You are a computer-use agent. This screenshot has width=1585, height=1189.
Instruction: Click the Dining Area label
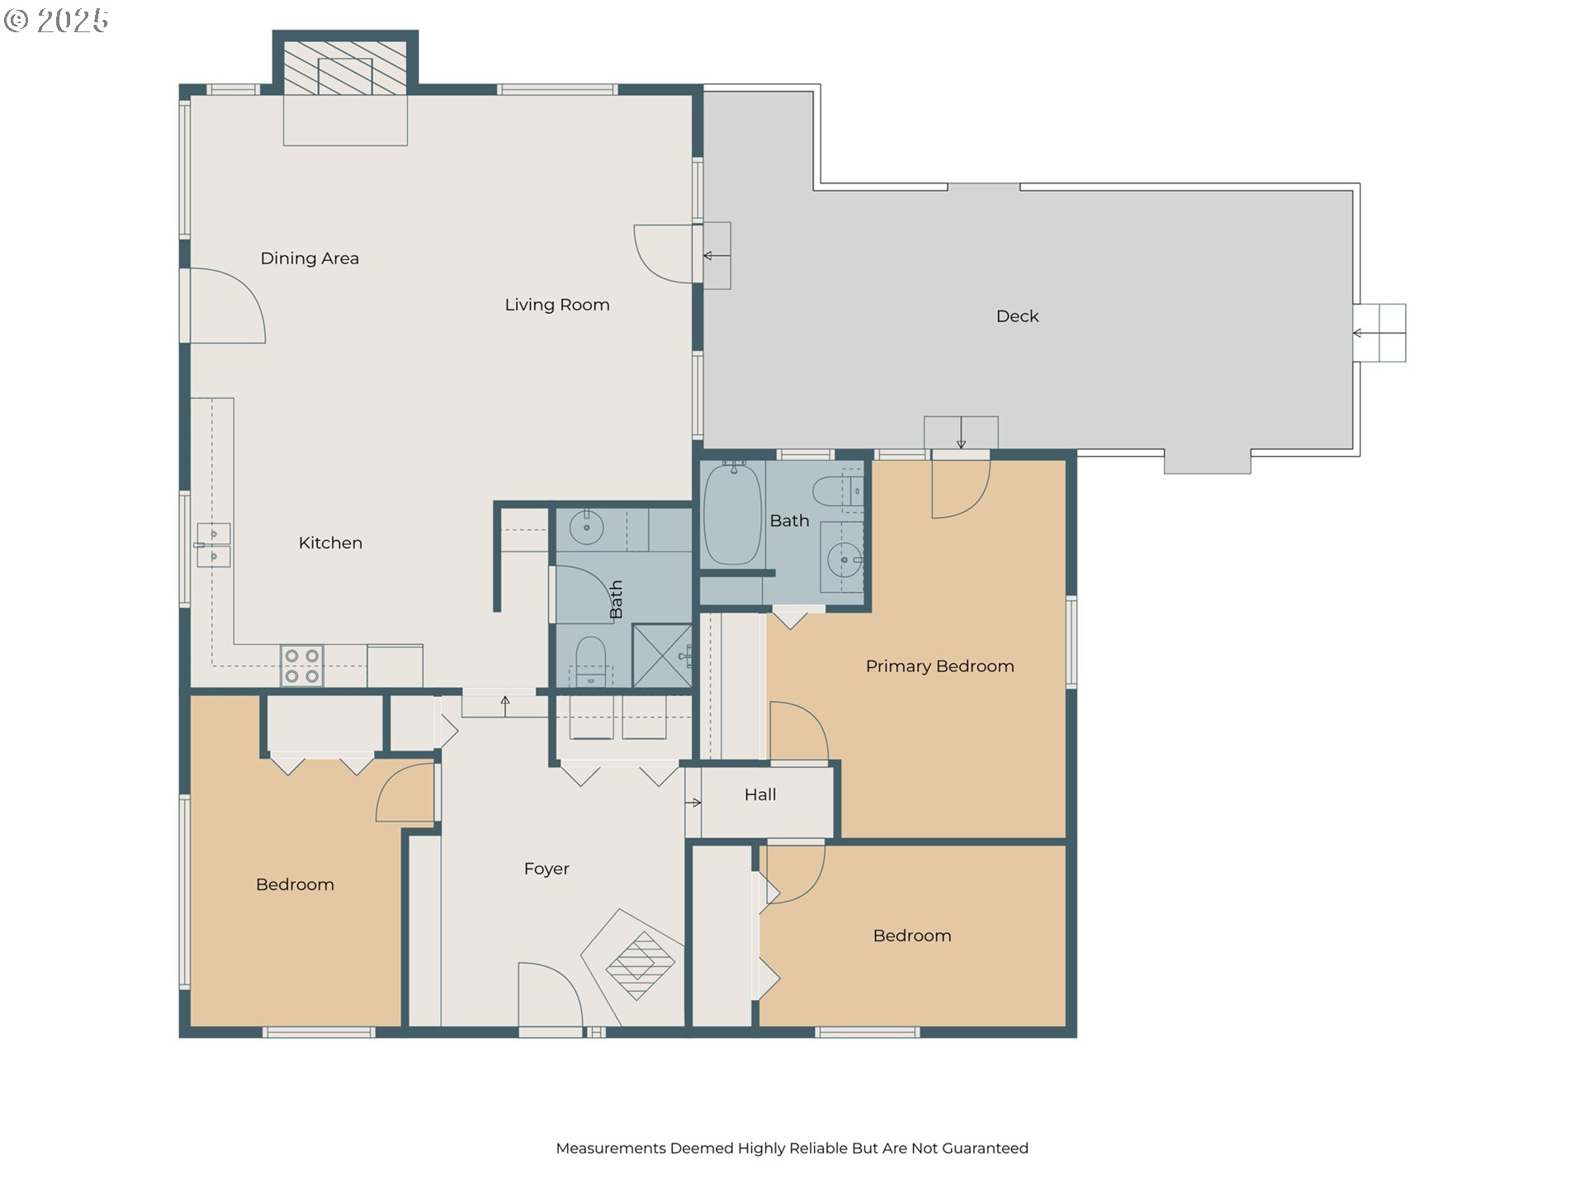click(x=310, y=258)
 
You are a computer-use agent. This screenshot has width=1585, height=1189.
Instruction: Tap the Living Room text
click(x=557, y=305)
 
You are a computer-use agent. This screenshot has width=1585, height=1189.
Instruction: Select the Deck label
click(x=1017, y=316)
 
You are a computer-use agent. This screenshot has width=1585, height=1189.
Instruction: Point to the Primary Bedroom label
click(x=939, y=666)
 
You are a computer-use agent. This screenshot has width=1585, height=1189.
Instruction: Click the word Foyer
click(x=546, y=869)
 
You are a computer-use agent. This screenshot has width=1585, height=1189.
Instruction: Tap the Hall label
click(x=760, y=794)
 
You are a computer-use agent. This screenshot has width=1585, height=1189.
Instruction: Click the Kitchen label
click(x=330, y=543)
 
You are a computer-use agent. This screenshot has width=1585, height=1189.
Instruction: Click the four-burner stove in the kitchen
click(x=301, y=666)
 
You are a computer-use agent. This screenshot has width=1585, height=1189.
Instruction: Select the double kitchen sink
click(x=214, y=545)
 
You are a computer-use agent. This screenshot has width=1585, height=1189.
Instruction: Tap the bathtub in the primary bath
click(x=732, y=514)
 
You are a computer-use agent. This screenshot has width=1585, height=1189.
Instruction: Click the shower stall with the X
click(x=662, y=656)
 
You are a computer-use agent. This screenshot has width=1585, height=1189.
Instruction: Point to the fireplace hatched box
click(x=345, y=66)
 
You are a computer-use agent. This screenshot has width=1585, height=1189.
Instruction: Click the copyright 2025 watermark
click(x=56, y=20)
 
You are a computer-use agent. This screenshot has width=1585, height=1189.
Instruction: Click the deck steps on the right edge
click(x=1379, y=333)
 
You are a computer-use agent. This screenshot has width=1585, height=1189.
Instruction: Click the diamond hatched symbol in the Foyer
click(x=641, y=965)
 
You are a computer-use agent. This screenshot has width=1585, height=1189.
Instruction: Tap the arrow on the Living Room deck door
click(x=717, y=256)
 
